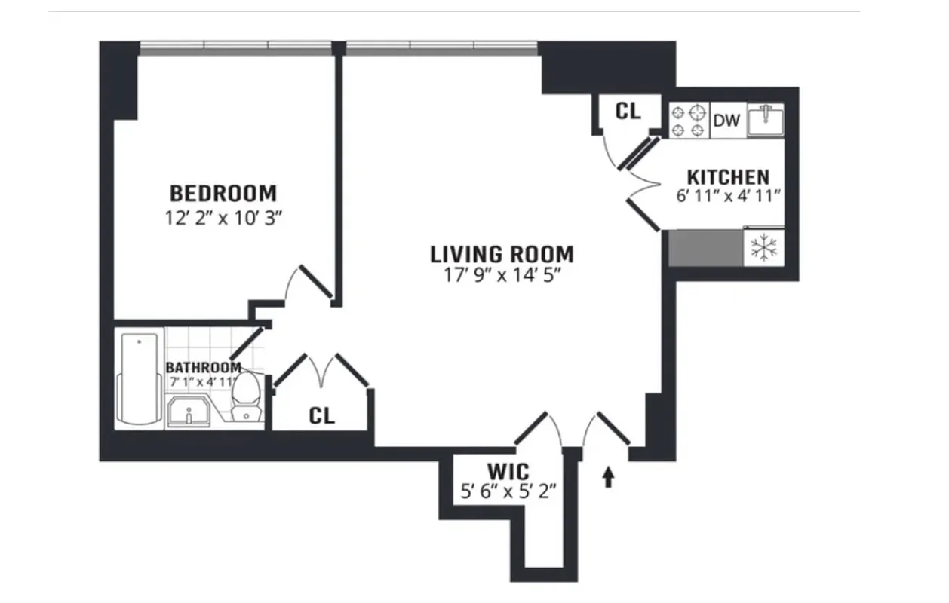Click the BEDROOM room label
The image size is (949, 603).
223,193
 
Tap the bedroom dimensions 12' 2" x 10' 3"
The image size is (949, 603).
223,218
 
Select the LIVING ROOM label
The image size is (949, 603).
502,253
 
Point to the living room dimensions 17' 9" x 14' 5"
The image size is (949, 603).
502,276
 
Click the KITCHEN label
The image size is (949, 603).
728,177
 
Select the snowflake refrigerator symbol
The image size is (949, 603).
765,248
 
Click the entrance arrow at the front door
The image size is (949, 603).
608,478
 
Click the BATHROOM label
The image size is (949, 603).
204,368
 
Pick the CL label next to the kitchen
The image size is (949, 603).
628,112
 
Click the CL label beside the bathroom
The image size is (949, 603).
322,416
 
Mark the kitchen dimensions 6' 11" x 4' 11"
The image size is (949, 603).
728,196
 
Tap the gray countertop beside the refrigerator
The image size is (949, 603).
706,248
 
